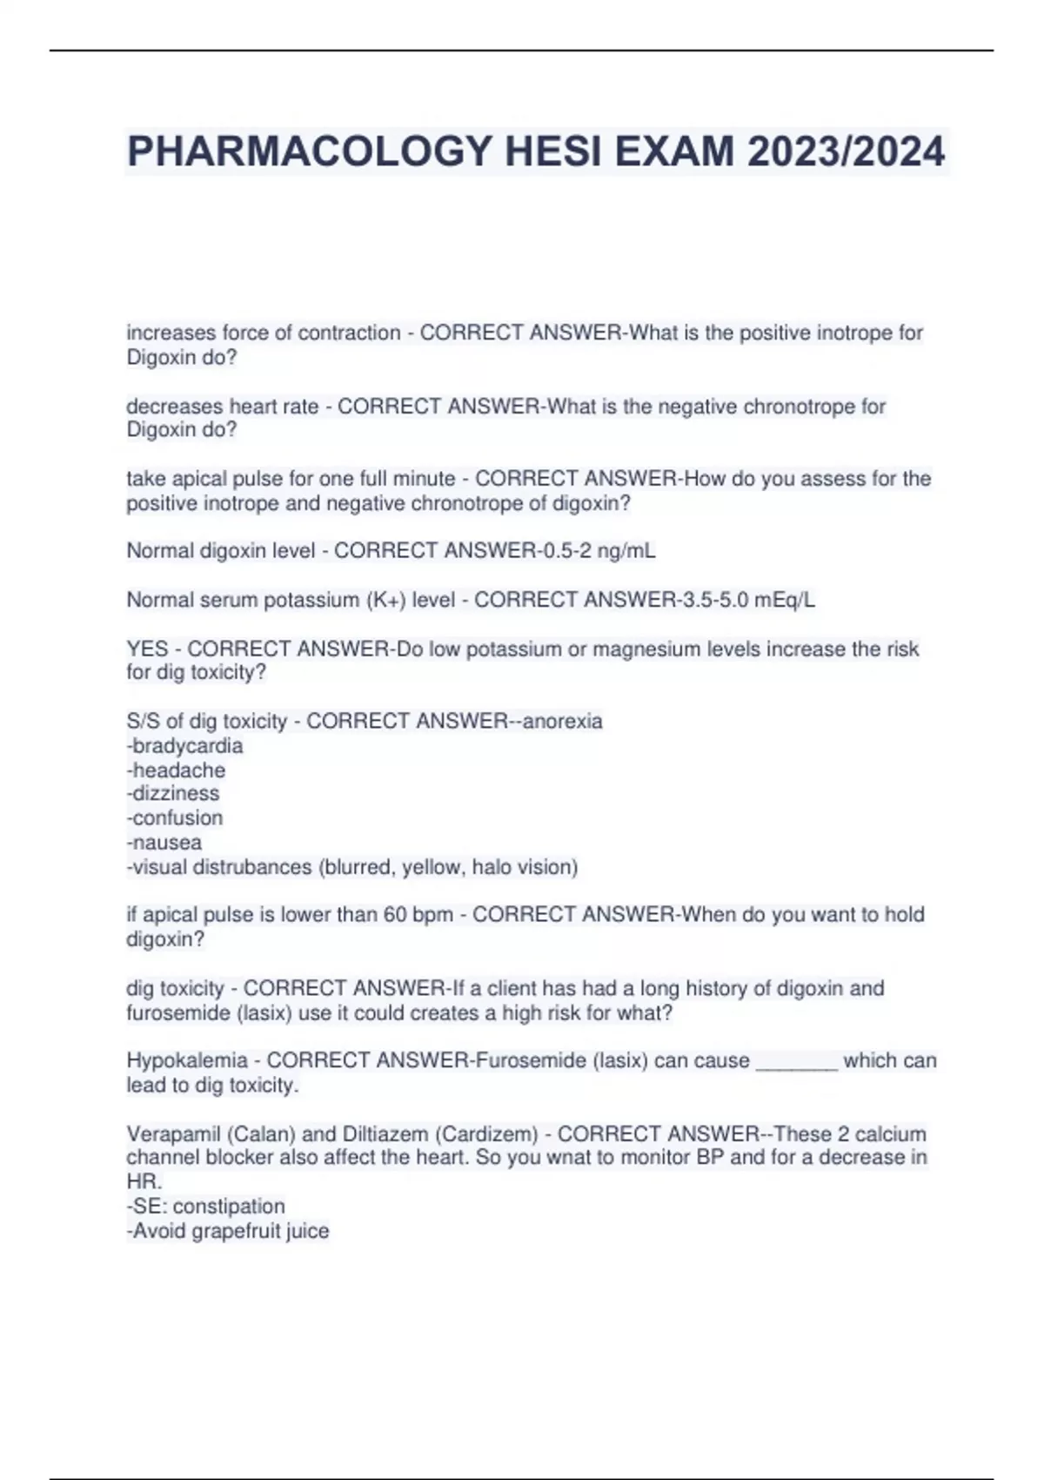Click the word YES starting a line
[x=147, y=649]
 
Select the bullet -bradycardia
[x=184, y=746]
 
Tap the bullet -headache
[x=176, y=770]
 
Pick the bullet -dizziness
[x=173, y=794]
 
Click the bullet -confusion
[x=175, y=818]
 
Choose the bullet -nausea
[x=164, y=843]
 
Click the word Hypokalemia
[x=187, y=1060]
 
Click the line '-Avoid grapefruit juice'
[x=228, y=1231]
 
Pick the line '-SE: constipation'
[x=206, y=1207]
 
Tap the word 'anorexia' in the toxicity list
[x=562, y=722]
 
